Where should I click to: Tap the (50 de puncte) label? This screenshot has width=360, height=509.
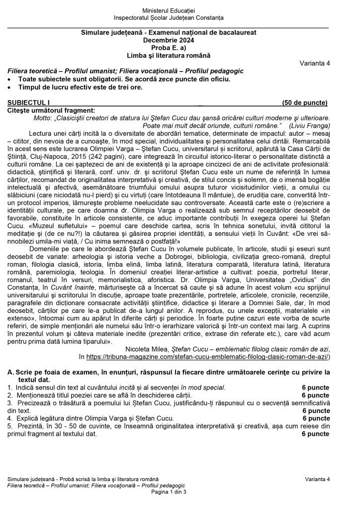tap(304, 103)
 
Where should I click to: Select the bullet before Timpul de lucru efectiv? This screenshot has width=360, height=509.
tap(10, 88)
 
